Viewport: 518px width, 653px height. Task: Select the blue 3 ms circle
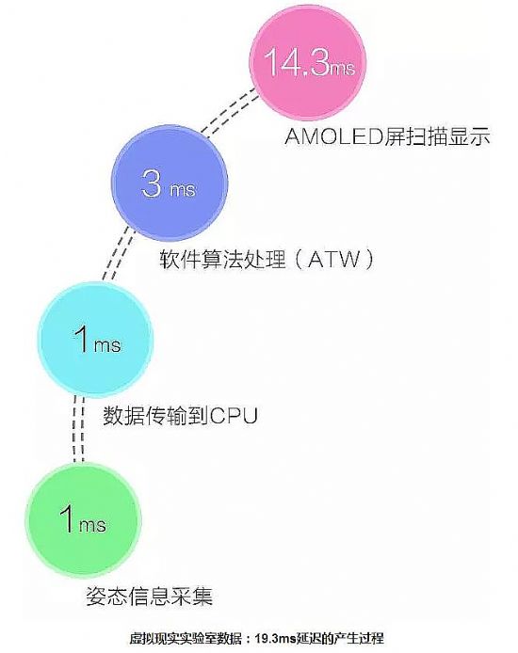(170, 183)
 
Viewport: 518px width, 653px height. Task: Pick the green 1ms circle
(83, 520)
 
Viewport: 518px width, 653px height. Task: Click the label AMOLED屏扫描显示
(387, 136)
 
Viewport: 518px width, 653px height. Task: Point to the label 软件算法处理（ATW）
(267, 259)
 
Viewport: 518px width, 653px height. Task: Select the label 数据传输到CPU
(180, 415)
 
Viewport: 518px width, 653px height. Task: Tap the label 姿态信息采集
(149, 596)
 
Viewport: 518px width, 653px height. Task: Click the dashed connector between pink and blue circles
(230, 111)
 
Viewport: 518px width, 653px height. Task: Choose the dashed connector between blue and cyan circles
(119, 254)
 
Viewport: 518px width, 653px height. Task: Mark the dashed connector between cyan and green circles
(79, 429)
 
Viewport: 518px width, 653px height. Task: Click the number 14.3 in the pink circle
(297, 61)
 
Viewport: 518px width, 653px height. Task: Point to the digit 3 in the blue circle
(151, 183)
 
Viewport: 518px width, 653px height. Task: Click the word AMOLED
(333, 136)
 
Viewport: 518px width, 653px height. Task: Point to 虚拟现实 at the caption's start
(151, 639)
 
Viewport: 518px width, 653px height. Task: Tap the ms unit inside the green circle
(92, 525)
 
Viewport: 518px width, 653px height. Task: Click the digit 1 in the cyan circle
(83, 340)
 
